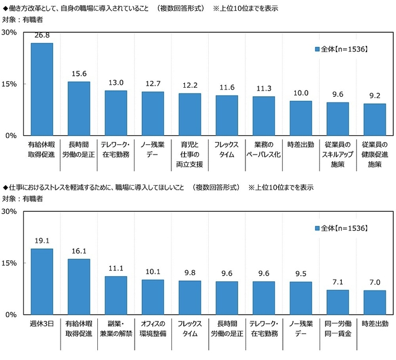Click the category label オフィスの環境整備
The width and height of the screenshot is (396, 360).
153,329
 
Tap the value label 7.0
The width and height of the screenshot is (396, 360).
375,282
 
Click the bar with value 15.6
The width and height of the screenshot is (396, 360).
79,109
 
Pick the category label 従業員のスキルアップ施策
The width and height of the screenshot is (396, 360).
338,155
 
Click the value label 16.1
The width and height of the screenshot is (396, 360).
79,250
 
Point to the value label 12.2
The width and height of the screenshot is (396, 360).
190,85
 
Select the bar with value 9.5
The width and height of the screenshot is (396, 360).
300,298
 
